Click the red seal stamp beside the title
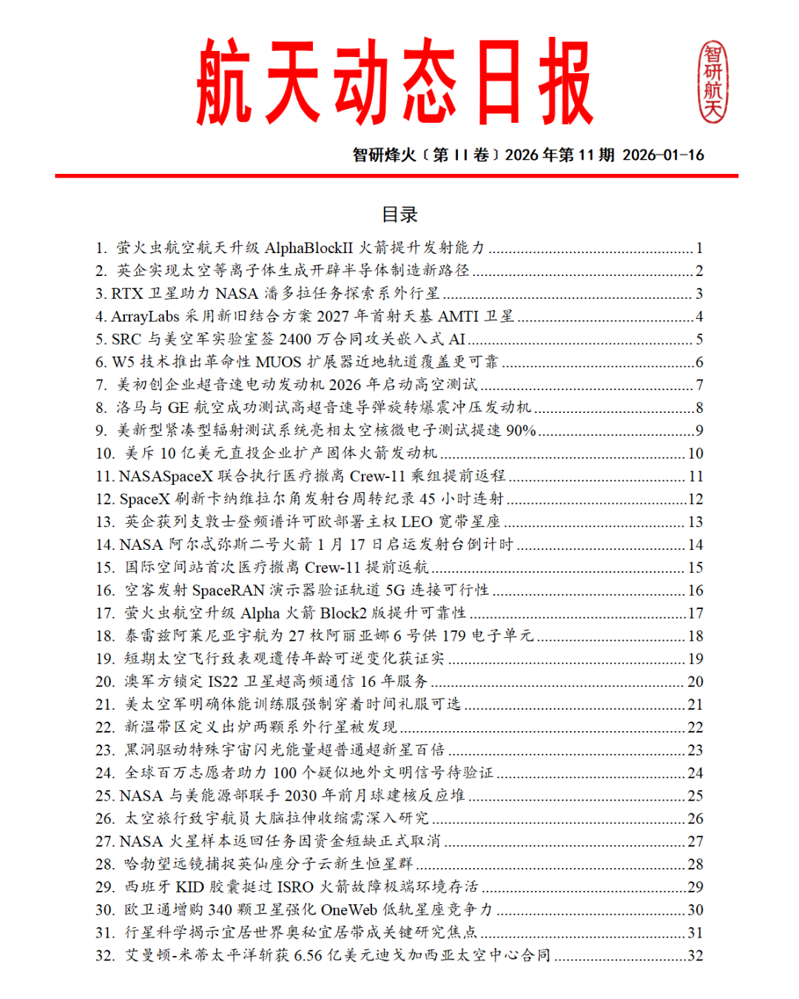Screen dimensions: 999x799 click(713, 81)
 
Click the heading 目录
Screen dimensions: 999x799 click(399, 215)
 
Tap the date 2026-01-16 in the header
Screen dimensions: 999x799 click(663, 155)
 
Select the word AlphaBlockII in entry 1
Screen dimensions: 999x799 click(309, 248)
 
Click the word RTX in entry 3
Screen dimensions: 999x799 click(127, 294)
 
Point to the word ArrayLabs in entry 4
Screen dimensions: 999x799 click(145, 317)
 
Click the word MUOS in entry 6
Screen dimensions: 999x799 click(278, 362)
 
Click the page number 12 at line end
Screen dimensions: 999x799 click(695, 499)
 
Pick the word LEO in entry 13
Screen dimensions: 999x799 click(417, 522)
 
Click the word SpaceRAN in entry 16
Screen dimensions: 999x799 click(229, 591)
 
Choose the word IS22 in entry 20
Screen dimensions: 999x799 click(223, 682)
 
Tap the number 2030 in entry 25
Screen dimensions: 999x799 click(300, 795)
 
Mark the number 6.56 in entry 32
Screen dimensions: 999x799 click(308, 955)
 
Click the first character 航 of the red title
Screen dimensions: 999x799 click(224, 83)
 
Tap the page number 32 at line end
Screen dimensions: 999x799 click(695, 955)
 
